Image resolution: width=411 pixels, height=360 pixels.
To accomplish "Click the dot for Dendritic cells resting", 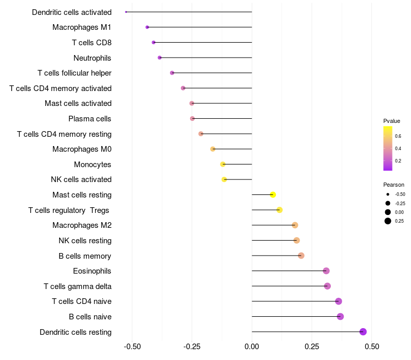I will tap(363, 332).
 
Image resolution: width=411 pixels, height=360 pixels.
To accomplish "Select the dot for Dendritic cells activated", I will tap(126, 12).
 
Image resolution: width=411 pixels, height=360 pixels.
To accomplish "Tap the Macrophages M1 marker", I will tap(147, 27).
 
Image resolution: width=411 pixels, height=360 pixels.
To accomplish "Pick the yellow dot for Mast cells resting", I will tap(273, 195).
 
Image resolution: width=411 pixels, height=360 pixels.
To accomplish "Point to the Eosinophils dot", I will tap(326, 271).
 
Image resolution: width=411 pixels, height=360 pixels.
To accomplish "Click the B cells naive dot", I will tap(340, 316).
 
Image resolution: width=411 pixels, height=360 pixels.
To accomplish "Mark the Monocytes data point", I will tap(223, 165).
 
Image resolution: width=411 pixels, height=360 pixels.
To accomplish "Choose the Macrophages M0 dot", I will tap(213, 149).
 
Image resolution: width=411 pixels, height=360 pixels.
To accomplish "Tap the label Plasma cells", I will tap(90, 119).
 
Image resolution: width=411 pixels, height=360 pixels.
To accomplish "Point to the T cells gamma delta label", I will tap(78, 286).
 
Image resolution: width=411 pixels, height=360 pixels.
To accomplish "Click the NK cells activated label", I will tap(81, 179).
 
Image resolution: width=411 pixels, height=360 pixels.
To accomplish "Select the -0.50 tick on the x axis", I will tap(133, 347).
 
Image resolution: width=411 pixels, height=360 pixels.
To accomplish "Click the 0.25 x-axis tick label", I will tap(312, 347).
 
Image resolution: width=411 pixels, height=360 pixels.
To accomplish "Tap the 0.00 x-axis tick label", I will tap(252, 347).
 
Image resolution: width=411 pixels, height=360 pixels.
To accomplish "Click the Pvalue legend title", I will tap(391, 121).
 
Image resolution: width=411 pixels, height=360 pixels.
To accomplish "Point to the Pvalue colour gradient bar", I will tap(388, 148).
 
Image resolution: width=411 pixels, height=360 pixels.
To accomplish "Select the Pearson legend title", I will tap(394, 185).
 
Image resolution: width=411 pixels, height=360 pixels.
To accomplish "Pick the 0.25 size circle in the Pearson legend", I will tap(388, 221).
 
